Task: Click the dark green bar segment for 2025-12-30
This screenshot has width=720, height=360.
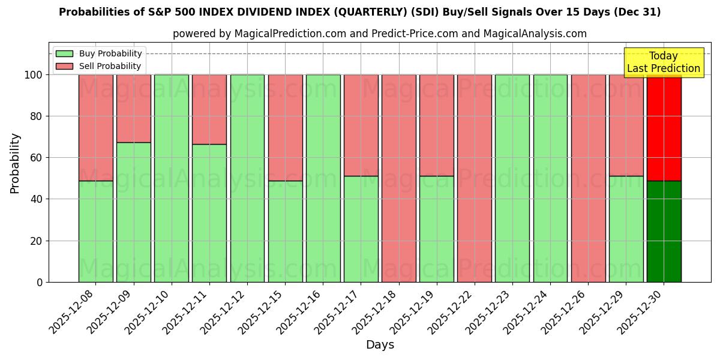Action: coord(664,231)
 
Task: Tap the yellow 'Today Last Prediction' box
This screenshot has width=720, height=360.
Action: coord(663,62)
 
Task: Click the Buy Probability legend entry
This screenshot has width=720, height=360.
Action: coord(99,53)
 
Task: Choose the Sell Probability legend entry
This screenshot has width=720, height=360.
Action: coord(99,66)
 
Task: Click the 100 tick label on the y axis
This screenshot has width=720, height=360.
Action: coord(33,75)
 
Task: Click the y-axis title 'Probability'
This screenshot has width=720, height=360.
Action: coord(15,163)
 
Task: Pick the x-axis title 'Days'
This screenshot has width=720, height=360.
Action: coord(380,345)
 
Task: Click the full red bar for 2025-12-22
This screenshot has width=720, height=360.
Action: coord(474,178)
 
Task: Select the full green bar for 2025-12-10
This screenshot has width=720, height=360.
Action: coord(171,178)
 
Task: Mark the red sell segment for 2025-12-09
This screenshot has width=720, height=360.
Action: coord(133,108)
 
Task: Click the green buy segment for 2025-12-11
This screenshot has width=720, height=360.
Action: coord(209,213)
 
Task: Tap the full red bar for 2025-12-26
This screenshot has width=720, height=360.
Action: coord(588,178)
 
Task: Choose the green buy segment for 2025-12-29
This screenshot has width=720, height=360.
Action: coord(626,229)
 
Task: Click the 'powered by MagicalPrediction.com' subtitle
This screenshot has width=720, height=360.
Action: coord(379,34)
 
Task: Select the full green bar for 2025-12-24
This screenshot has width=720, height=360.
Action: coord(550,178)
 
